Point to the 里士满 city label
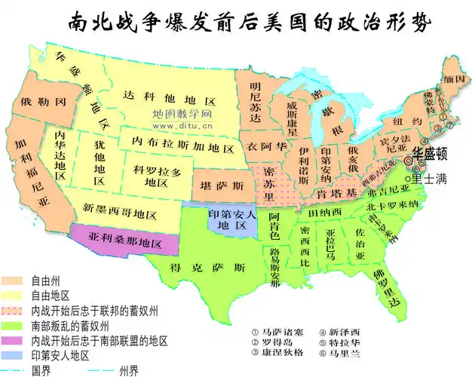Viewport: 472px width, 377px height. pos(429,178)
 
